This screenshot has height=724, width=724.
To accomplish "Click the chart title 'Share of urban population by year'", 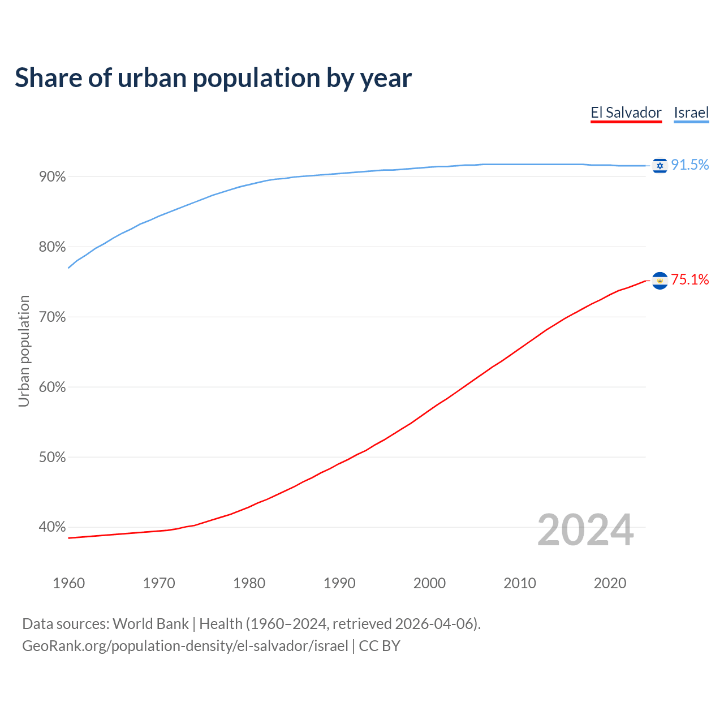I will tap(213, 78).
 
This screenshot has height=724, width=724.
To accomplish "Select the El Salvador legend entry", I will tap(626, 113).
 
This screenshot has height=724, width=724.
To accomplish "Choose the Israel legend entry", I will tap(691, 113).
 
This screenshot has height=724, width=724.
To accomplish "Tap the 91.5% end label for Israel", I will tap(689, 165).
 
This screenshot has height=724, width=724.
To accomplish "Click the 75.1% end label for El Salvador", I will tap(689, 279).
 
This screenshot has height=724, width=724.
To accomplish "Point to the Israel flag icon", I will tap(660, 165).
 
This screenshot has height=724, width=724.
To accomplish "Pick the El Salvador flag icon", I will tap(660, 281).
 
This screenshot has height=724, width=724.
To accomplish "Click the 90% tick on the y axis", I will tap(52, 177).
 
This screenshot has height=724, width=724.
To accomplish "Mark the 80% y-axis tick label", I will tap(52, 247).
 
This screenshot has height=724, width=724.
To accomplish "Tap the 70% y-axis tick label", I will tap(52, 317).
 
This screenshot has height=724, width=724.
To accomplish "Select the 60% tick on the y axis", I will tap(52, 387).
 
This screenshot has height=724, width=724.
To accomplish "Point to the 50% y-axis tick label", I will tap(52, 458).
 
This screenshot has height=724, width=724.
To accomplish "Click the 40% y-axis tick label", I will tap(52, 527).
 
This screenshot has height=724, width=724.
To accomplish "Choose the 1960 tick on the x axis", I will tap(68, 583).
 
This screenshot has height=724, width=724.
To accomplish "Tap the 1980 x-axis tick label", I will tap(249, 583).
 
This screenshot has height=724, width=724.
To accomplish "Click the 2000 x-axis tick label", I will tap(429, 583).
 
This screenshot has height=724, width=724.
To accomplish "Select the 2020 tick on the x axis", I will tap(610, 583).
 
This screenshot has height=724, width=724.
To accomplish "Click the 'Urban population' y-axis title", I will tap(24, 351).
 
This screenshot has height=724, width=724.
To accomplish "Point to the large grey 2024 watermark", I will tap(585, 530).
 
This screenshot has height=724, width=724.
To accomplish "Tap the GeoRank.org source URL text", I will tap(185, 646).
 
